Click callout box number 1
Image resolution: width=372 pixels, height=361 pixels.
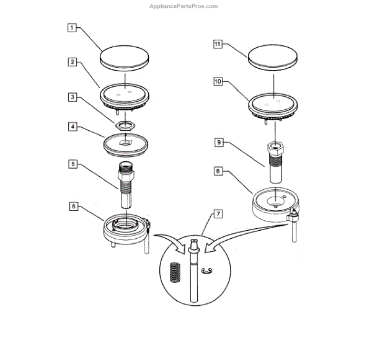tap(73, 28)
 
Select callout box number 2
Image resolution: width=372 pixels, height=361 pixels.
tap(73, 62)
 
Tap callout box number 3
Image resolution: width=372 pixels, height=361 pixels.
tap(73, 97)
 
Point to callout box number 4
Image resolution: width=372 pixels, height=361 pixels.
tap(73, 127)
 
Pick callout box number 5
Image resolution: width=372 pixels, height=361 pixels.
tap(73, 164)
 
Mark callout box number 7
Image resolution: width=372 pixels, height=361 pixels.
tap(218, 214)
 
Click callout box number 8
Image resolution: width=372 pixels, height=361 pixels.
tap(218, 169)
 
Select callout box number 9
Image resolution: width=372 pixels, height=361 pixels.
tap(218, 142)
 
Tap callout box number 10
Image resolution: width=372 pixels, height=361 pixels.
tap(218, 81)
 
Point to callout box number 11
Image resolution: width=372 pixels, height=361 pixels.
tap(218, 45)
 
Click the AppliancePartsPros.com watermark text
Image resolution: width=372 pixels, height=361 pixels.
tap(184, 6)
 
